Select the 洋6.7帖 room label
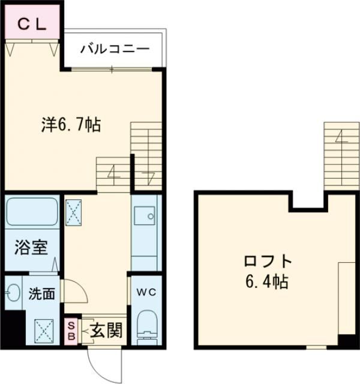(70, 125)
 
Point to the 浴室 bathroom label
(29, 247)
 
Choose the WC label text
(145, 293)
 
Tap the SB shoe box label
(71, 331)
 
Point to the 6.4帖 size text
(267, 281)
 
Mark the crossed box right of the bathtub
(76, 211)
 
